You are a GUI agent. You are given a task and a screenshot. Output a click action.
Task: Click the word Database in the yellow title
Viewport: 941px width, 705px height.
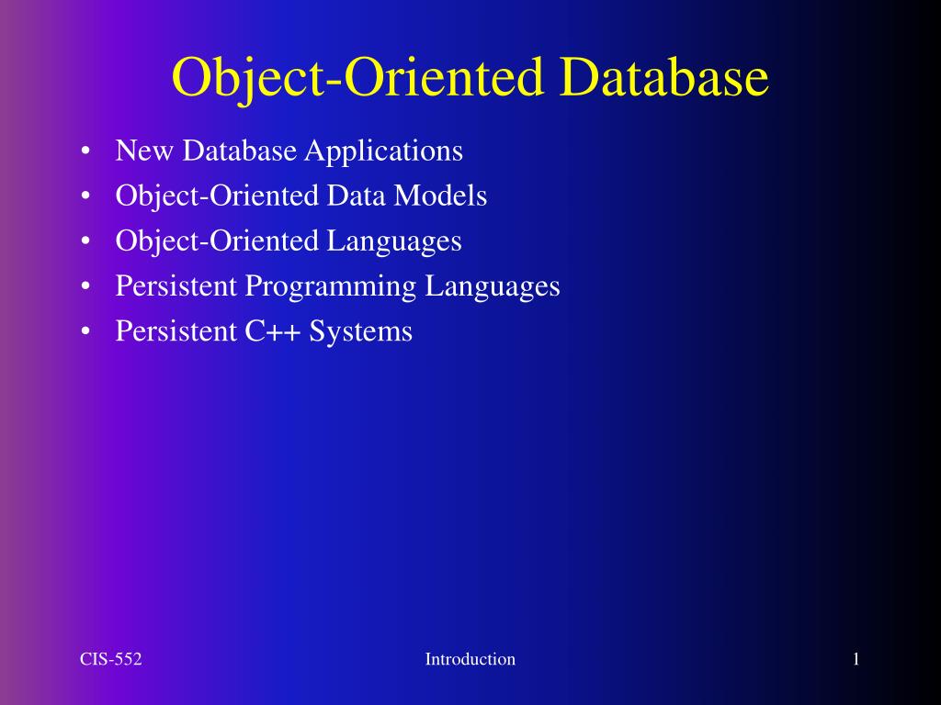coord(663,78)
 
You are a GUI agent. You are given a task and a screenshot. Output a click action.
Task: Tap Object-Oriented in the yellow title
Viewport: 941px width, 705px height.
coord(360,78)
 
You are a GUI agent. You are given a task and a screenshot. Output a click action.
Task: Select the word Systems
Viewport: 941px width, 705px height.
coord(361,331)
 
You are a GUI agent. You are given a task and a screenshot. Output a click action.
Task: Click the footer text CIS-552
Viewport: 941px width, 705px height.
coord(110,659)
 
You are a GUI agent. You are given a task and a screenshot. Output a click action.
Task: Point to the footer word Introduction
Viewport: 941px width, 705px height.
coord(470,659)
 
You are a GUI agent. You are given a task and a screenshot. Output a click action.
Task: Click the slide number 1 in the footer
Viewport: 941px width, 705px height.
coord(856,659)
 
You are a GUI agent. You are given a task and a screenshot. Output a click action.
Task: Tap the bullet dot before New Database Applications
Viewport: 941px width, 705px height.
coord(85,151)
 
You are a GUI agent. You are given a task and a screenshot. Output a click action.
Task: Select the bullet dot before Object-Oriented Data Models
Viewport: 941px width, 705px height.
coord(85,196)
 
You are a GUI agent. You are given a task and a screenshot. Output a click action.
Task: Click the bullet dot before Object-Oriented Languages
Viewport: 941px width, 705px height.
coord(85,241)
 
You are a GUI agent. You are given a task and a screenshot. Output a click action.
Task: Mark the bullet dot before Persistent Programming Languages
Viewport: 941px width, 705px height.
coord(85,287)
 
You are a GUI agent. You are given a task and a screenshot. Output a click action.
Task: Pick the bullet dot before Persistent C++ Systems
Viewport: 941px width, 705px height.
coord(85,332)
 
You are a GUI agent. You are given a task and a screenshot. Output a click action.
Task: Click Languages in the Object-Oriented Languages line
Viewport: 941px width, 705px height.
coord(394,241)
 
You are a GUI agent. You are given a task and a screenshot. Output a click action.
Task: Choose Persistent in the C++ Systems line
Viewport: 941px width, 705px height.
coord(176,331)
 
